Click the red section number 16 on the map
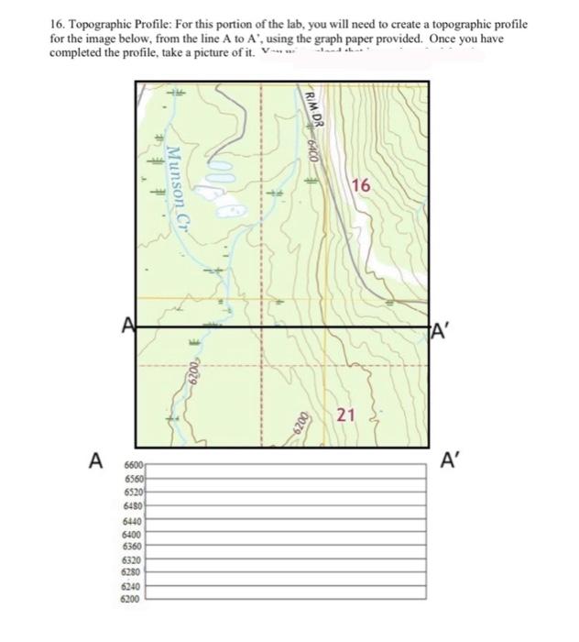361,186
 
